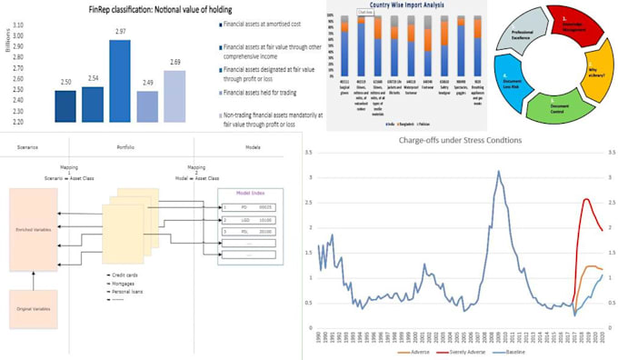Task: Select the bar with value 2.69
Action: [174, 96]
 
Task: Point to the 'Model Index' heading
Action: [252, 193]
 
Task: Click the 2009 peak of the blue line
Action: [498, 172]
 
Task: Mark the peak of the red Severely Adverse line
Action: [586, 200]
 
